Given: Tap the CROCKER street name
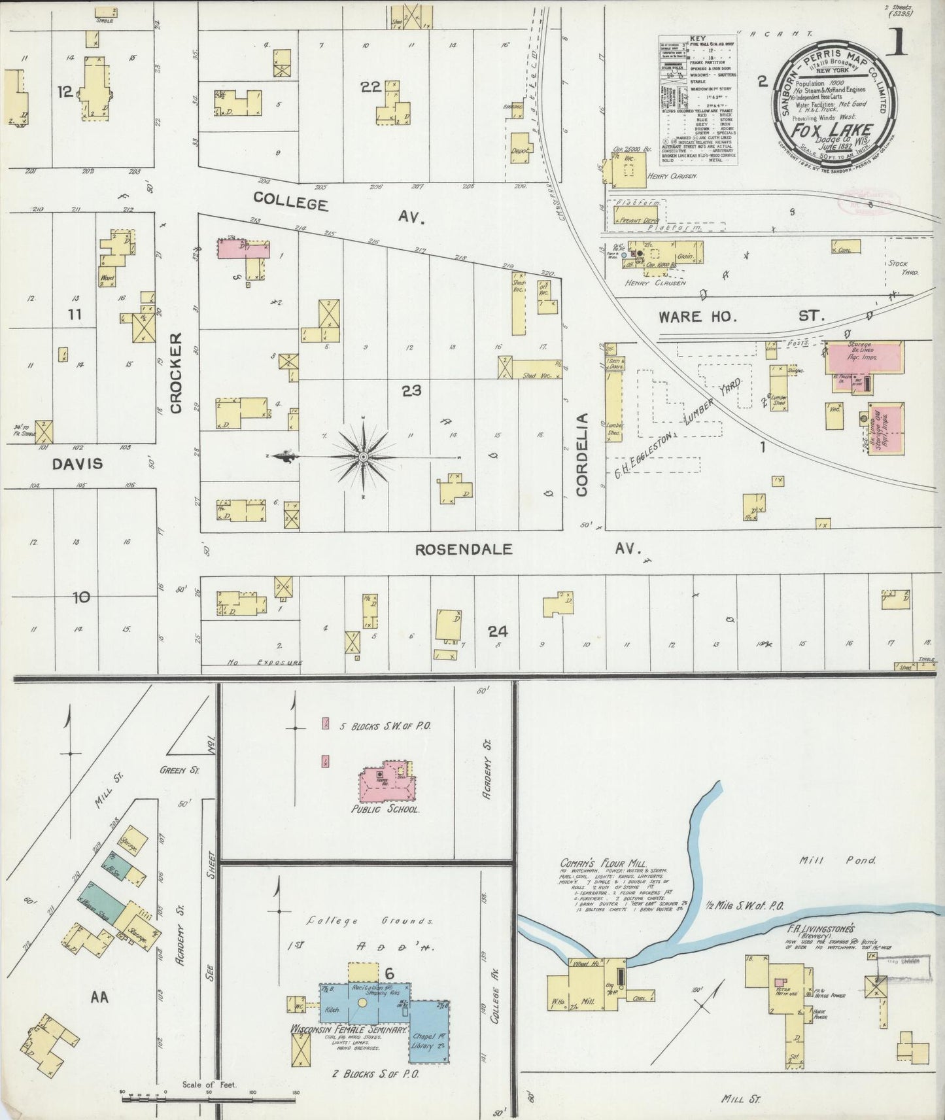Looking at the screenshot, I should point(176,373).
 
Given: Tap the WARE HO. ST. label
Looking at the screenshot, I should point(739,317).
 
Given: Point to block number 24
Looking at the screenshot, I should point(498,631).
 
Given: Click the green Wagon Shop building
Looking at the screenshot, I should point(99,904).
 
